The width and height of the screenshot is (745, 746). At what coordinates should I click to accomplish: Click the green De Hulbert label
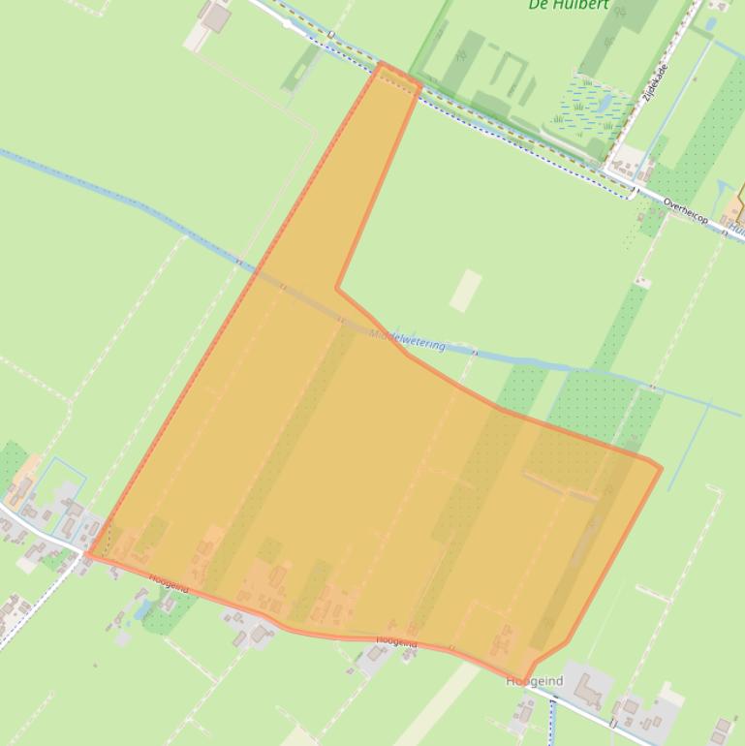point(569,5)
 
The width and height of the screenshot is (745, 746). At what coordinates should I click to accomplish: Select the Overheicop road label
point(686,212)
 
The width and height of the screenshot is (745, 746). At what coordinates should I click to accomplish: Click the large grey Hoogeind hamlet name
point(534,682)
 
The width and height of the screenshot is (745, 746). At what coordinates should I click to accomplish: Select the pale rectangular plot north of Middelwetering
point(466,291)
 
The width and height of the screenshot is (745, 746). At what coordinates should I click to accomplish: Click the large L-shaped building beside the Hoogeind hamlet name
point(589,689)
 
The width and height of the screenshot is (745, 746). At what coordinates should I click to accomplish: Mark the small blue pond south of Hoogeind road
point(145,609)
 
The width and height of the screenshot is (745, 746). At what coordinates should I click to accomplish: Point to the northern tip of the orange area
point(383,65)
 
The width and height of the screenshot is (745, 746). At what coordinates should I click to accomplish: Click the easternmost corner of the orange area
point(661,469)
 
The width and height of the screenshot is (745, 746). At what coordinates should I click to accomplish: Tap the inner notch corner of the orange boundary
point(337,288)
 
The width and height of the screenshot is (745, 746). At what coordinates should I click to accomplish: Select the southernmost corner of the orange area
point(525,681)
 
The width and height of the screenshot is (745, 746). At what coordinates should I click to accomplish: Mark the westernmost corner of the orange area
point(88,555)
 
